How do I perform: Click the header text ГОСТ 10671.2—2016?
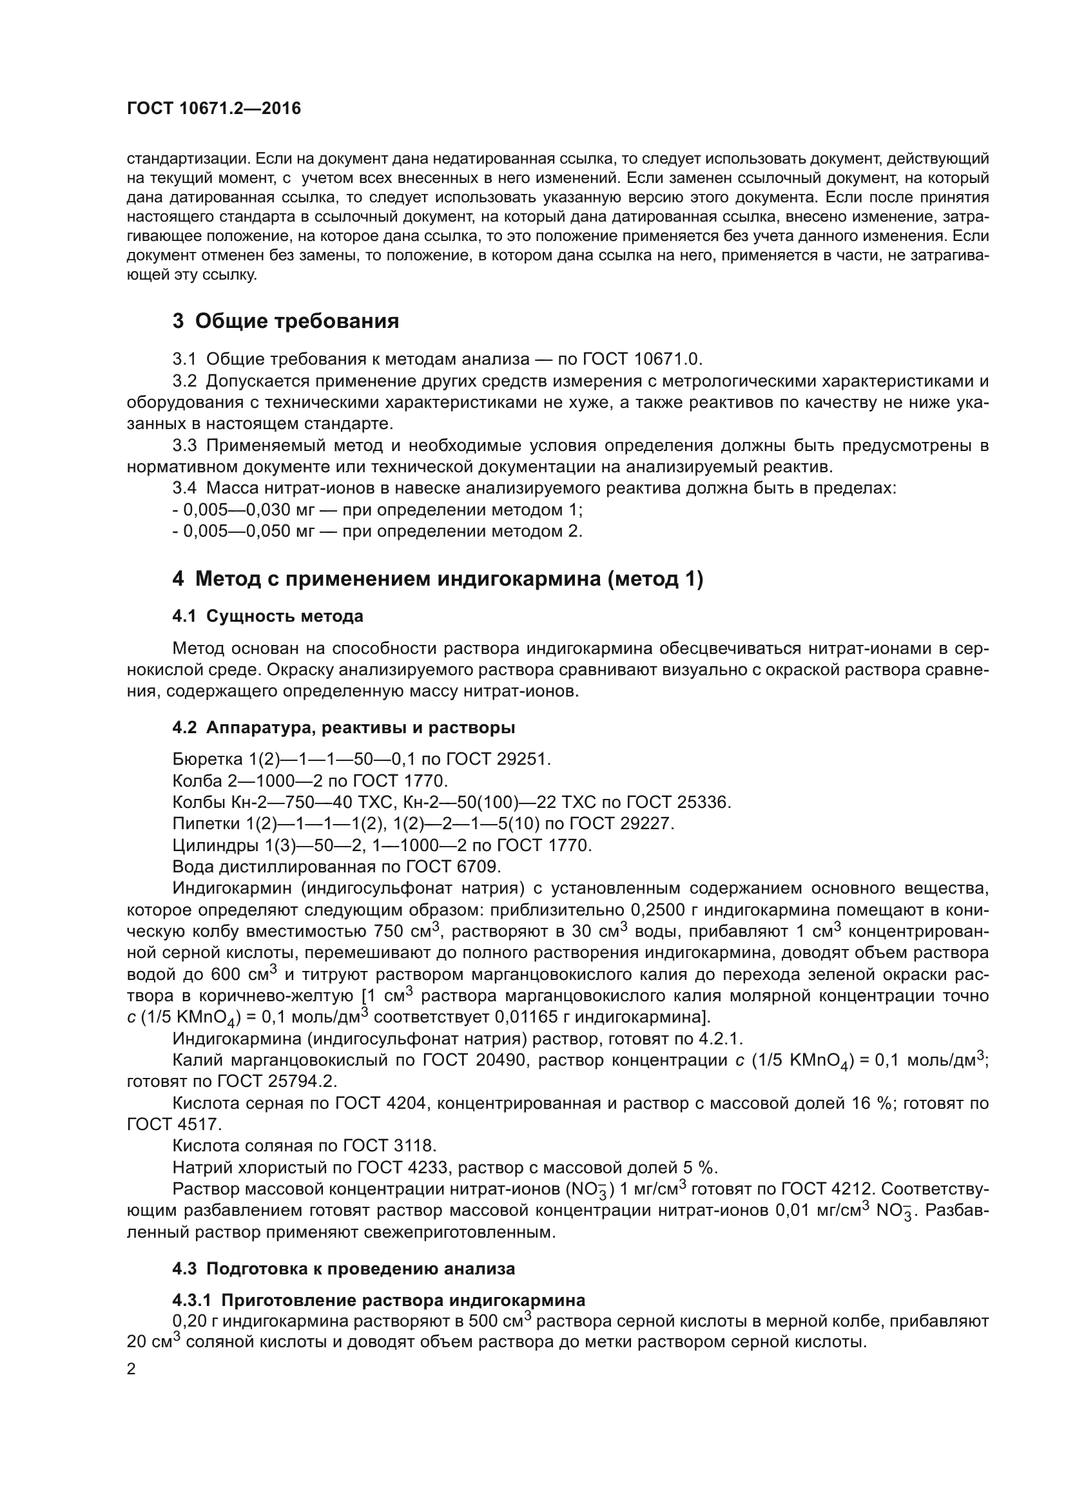(x=214, y=108)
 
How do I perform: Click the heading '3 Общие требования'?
(x=286, y=321)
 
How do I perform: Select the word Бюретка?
(x=208, y=760)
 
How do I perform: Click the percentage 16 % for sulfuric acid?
(x=873, y=1103)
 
